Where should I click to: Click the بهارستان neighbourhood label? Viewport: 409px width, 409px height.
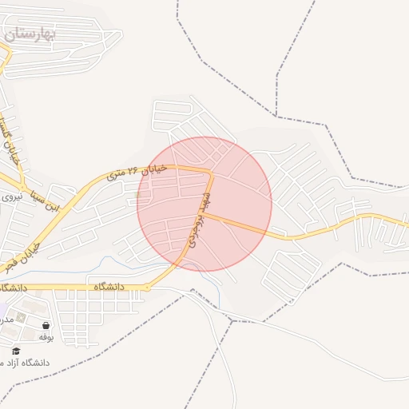coord(29,34)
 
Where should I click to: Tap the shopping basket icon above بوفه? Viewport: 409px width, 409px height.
coord(46,325)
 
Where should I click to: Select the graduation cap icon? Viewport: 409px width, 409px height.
coord(16,351)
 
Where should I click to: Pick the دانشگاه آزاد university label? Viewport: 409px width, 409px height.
coord(29,363)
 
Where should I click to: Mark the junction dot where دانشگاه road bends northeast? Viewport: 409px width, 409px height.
coord(146,287)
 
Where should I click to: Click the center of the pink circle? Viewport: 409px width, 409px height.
coord(204,204)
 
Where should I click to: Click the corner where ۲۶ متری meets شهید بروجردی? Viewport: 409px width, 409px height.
coord(209,171)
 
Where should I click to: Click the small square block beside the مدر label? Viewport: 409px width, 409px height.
coord(22,316)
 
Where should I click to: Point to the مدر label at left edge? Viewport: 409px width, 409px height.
coord(6,317)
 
